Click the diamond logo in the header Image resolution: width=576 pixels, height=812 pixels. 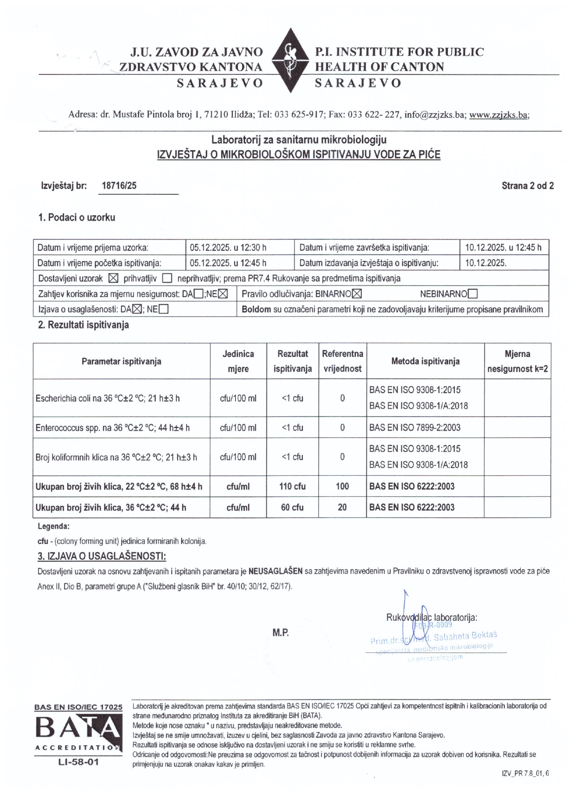tap(289, 60)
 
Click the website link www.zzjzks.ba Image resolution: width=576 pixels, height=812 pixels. tap(499, 115)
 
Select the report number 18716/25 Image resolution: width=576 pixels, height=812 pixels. tap(119, 186)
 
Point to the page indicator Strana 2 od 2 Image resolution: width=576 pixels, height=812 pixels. tap(527, 186)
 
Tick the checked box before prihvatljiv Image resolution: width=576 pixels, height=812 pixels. tap(112, 279)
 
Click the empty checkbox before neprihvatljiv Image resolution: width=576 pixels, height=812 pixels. tap(167, 279)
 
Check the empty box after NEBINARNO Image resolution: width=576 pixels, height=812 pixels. tap(473, 294)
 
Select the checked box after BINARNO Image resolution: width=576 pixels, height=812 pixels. tap(357, 294)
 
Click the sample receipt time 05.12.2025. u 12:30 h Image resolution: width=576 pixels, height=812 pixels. tap(228, 247)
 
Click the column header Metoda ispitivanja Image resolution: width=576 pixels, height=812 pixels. tap(425, 361)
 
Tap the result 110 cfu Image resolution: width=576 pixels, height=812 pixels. tap(292, 486)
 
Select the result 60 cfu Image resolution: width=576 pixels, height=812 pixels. tap(292, 507)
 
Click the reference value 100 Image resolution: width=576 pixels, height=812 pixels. tap(342, 486)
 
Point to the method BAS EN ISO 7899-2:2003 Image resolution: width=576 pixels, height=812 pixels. tap(414, 427)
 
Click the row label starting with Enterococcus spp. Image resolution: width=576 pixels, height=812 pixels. tap(112, 428)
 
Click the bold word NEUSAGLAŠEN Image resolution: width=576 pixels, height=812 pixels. tap(275, 571)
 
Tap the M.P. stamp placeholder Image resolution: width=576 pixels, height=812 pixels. tap(281, 632)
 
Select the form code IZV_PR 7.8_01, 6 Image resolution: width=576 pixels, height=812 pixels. tap(522, 774)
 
